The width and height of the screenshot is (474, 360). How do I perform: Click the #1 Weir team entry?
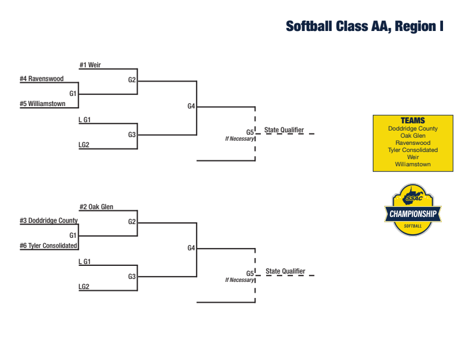pyautogui.click(x=90, y=65)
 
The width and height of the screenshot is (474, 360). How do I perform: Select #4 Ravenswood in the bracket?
pyautogui.click(x=42, y=79)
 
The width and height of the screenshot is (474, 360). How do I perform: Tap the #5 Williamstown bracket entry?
pyautogui.click(x=43, y=104)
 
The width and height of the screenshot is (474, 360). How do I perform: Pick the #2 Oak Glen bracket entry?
pyautogui.click(x=96, y=207)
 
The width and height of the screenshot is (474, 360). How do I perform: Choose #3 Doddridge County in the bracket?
pyautogui.click(x=49, y=221)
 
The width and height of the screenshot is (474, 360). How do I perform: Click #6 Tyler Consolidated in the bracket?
pyautogui.click(x=48, y=246)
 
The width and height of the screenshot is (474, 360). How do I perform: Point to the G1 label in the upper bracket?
pyautogui.click(x=73, y=94)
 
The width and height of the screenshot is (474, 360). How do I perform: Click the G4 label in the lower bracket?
pyautogui.click(x=191, y=248)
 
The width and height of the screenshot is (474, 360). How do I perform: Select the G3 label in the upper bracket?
pyautogui.click(x=132, y=135)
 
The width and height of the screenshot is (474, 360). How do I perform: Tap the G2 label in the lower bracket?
pyautogui.click(x=132, y=222)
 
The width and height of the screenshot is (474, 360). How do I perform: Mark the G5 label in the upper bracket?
pyautogui.click(x=250, y=132)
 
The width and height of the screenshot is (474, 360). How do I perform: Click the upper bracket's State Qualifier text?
pyautogui.click(x=284, y=130)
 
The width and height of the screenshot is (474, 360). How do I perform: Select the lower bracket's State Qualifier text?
pyautogui.click(x=285, y=271)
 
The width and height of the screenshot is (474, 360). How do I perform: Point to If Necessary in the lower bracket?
pyautogui.click(x=239, y=280)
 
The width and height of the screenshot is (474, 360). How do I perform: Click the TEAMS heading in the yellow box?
pyautogui.click(x=413, y=121)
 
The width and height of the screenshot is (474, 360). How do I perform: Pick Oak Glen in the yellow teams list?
pyautogui.click(x=413, y=136)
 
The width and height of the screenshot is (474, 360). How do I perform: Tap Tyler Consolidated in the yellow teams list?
pyautogui.click(x=413, y=150)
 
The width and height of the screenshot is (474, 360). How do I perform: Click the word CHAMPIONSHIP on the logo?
pyautogui.click(x=413, y=214)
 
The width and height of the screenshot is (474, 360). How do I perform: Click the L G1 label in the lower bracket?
pyautogui.click(x=85, y=262)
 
